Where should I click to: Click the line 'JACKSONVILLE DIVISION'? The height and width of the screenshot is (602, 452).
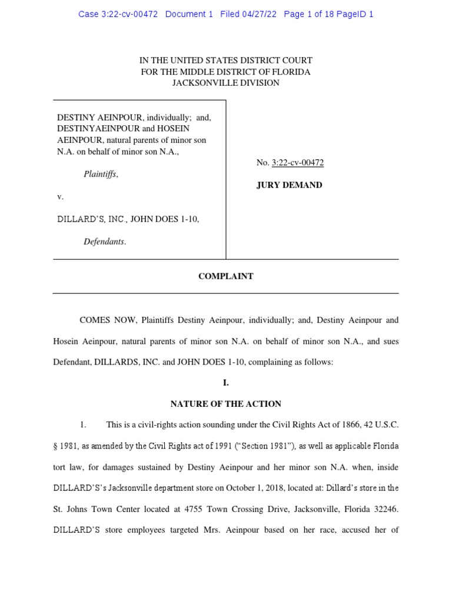pos(225,83)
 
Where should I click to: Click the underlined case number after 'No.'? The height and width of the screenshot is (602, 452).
pos(298,163)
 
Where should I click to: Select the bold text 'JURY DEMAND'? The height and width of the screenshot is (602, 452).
pos(289,185)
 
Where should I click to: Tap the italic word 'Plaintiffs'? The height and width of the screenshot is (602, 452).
pos(101,174)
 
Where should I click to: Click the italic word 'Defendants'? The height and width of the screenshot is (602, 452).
pos(104,242)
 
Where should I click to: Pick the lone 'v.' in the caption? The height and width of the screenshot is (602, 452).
pos(60,196)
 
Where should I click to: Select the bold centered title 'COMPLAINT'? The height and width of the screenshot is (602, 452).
pos(225,276)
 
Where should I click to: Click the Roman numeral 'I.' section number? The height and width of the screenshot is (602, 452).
pos(225,383)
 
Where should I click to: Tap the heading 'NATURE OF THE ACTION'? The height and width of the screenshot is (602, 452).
pos(225,404)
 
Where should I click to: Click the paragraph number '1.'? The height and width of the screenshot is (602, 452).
pos(83,425)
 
